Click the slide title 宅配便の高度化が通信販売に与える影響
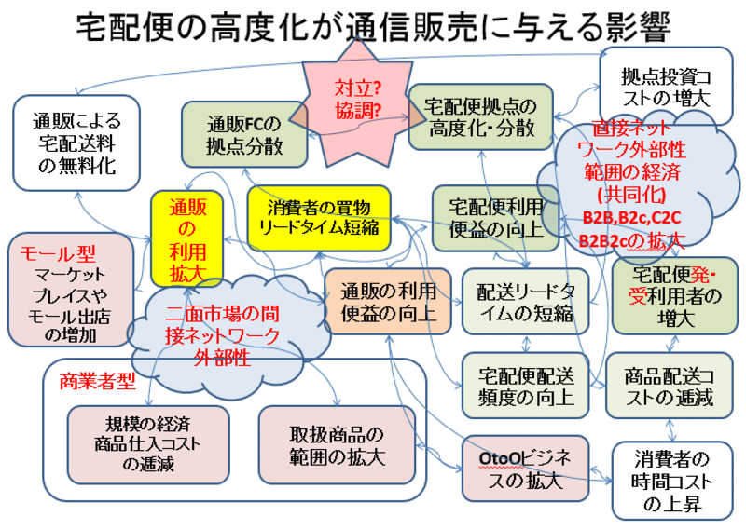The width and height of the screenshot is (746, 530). pos(372,26)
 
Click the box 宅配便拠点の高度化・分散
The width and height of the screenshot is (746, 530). pos(481,116)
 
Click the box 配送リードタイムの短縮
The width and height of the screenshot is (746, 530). pos(523,301)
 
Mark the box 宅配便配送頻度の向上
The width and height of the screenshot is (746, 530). pos(522,386)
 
